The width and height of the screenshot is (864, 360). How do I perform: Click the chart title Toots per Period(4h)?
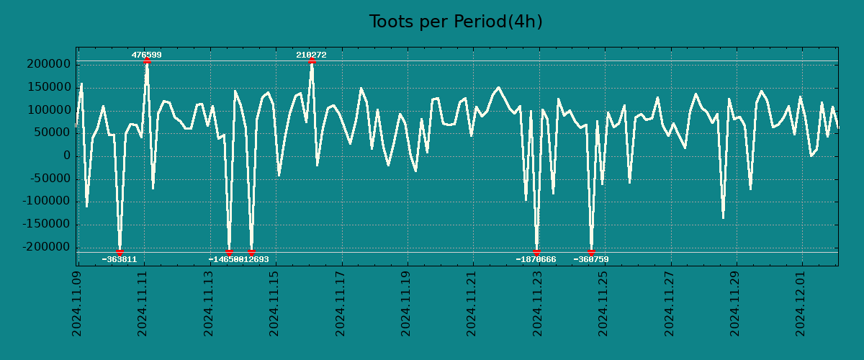456,22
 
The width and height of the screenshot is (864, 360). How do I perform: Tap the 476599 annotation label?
146,55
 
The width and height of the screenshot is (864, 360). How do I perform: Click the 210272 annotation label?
311,55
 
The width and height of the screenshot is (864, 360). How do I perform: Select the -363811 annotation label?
119,259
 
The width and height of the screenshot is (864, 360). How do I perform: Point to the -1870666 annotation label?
536,259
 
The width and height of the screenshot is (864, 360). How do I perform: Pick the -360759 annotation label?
591,259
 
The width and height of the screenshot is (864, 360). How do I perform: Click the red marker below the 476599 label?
147,61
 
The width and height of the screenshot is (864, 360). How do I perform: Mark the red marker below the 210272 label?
312,61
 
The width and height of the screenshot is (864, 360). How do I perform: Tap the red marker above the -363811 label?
120,252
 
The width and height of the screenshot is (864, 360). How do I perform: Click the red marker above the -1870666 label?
536,252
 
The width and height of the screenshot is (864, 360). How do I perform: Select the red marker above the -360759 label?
591,252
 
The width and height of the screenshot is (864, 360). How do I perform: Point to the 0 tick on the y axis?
67,156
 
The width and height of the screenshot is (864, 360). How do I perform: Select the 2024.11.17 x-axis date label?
341,303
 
